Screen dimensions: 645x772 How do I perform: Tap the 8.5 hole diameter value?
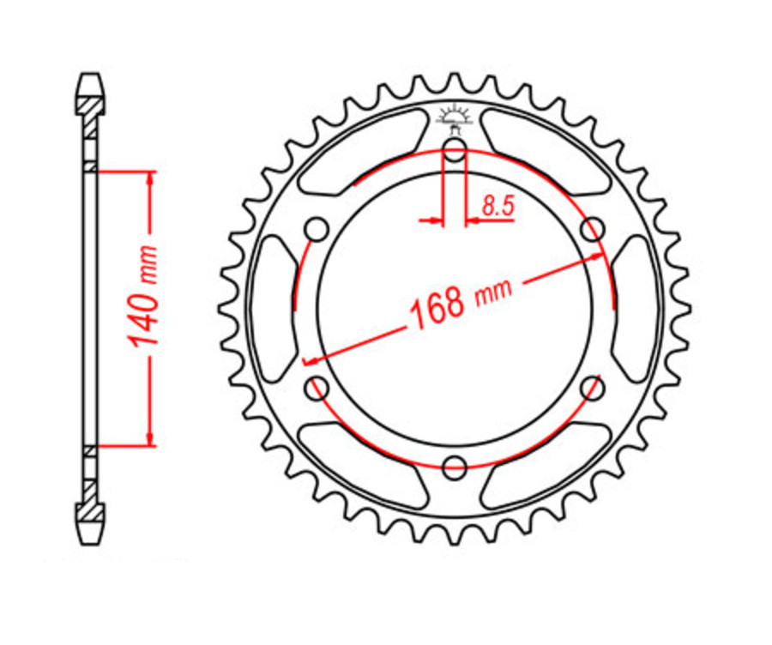point(498,205)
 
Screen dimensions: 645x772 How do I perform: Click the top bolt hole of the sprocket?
point(455,155)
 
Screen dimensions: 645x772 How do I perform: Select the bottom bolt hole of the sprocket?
point(455,467)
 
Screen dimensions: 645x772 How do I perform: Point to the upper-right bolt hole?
point(592,230)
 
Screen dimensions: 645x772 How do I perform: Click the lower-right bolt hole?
point(592,388)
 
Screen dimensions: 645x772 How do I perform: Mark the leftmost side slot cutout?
point(272,309)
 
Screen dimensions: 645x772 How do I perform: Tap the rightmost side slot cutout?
point(636,309)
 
